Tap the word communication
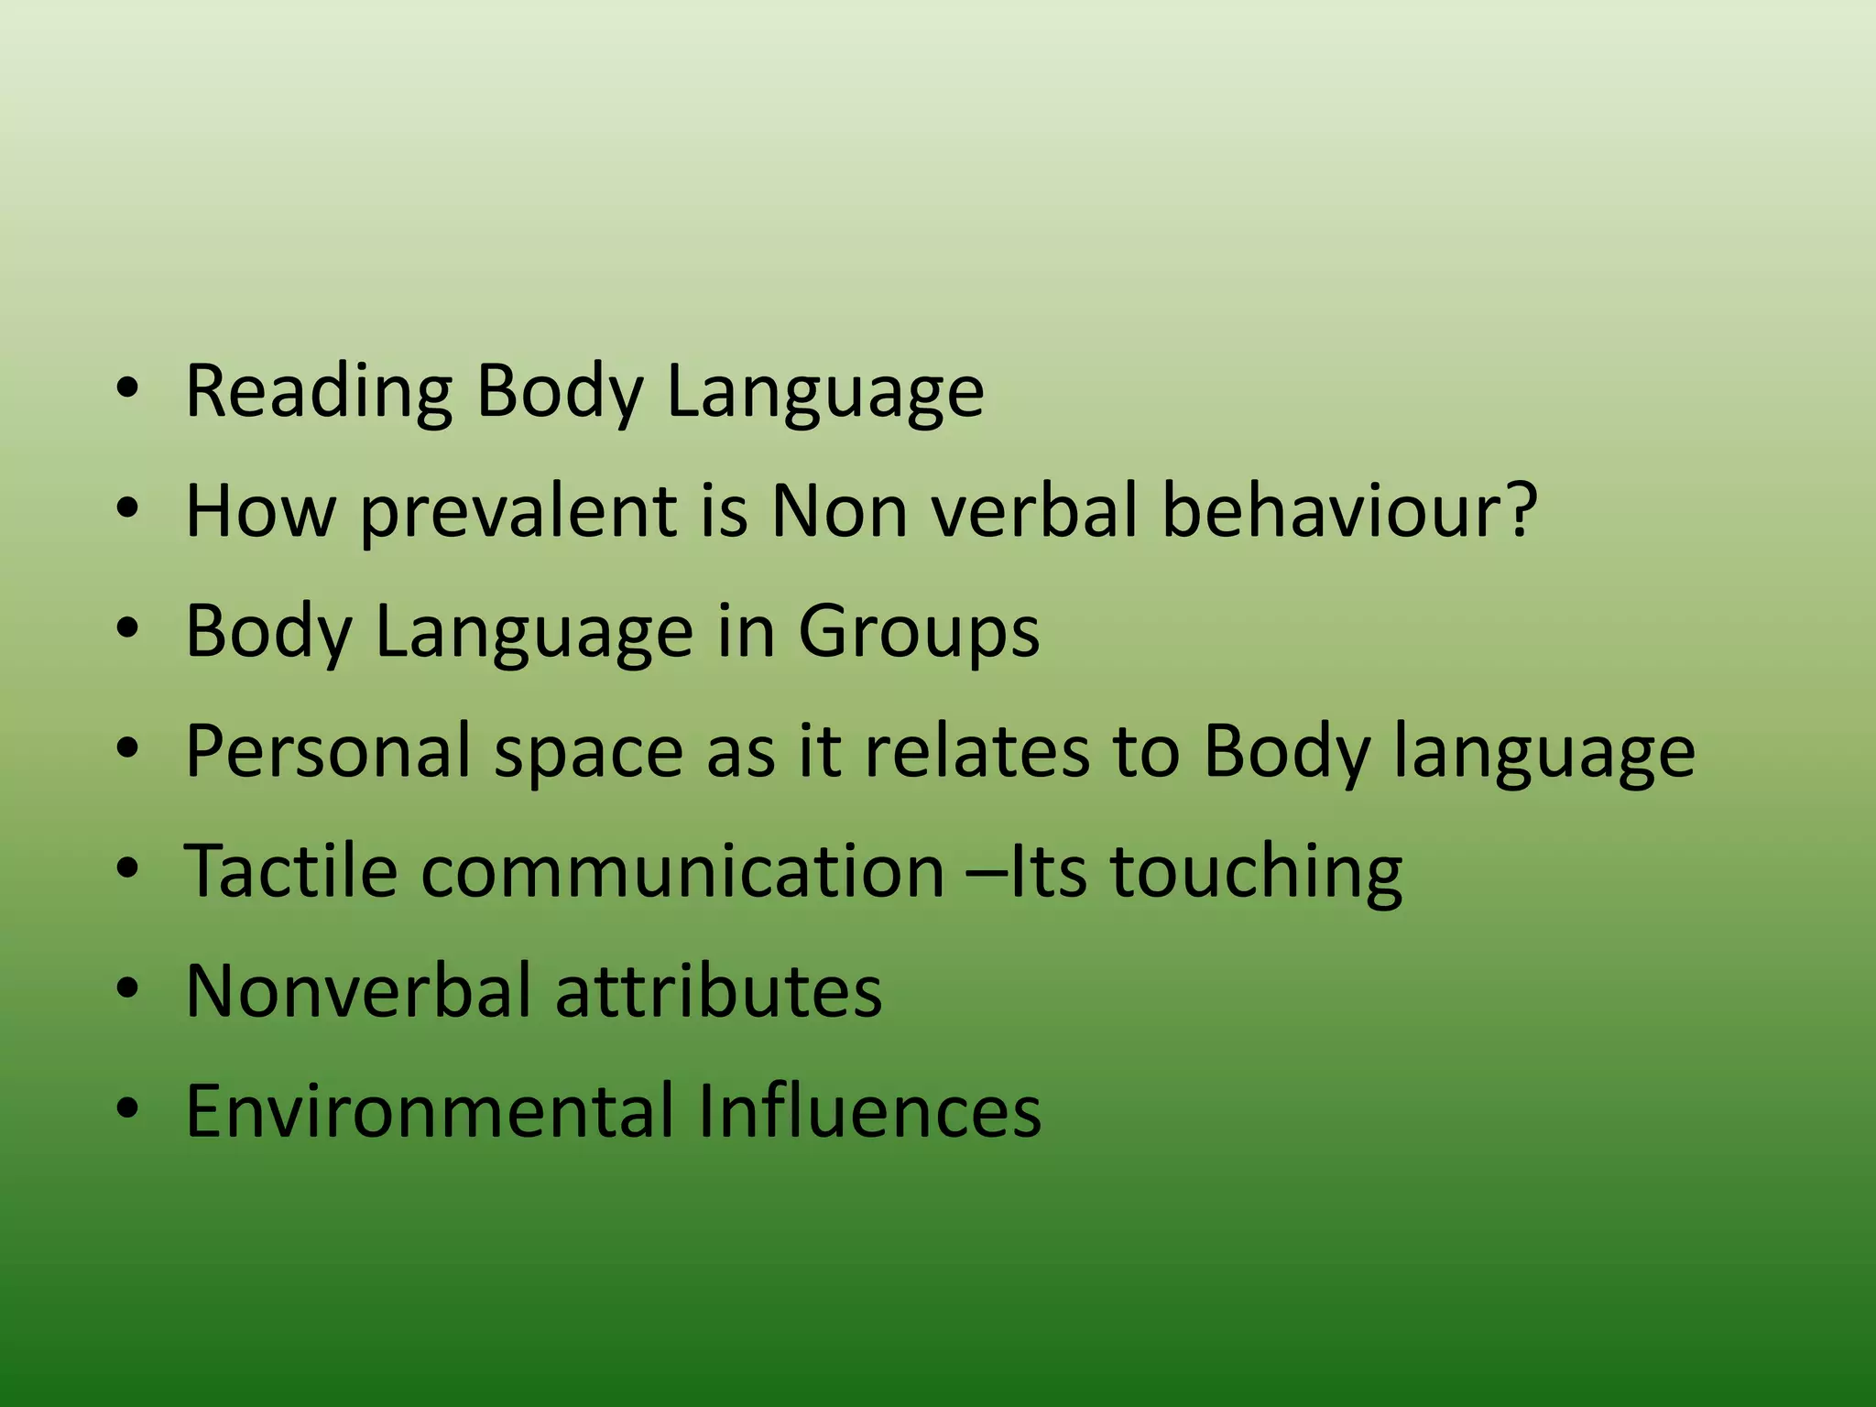pyautogui.click(x=682, y=871)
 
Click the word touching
pyautogui.click(x=1256, y=873)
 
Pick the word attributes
pyautogui.click(x=718, y=991)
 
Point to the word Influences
pyautogui.click(x=869, y=1111)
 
